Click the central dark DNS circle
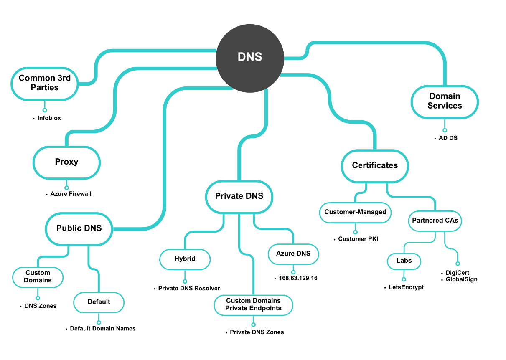coord(249,57)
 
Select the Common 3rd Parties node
coord(45,83)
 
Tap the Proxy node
coord(66,162)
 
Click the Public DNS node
coord(79,228)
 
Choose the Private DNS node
coord(239,196)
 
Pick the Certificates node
coord(375,166)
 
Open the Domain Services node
coord(445,101)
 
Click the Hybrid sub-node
coord(185,259)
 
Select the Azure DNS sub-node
coord(293,254)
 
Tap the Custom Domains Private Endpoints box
coord(254,305)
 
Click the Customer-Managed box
coord(355,212)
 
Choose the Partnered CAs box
coord(435,221)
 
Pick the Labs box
coord(404,261)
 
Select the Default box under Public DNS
coord(99,302)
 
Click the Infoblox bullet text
coord(49,118)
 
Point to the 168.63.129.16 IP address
coord(298,278)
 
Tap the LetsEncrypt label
coord(406,287)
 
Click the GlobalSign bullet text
coord(461,279)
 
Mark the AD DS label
coord(448,138)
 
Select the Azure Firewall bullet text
coord(71,194)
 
